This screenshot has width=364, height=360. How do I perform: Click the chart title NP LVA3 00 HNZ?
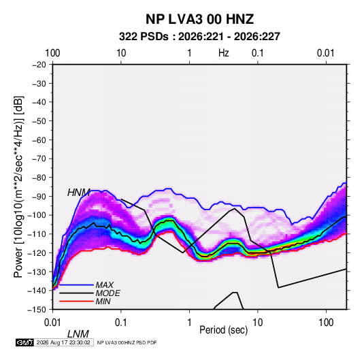pyautogui.click(x=199, y=19)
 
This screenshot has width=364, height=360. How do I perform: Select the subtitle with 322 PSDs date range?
pyautogui.click(x=199, y=37)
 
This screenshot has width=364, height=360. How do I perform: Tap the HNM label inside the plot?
pyautogui.click(x=79, y=193)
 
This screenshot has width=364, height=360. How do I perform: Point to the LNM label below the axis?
pyautogui.click(x=78, y=334)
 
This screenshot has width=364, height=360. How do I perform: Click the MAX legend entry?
pyautogui.click(x=105, y=284)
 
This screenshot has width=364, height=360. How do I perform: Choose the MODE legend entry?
pyautogui.click(x=107, y=293)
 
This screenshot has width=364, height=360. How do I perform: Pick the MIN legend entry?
pyautogui.click(x=103, y=301)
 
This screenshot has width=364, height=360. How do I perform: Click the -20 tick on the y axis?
pyautogui.click(x=39, y=65)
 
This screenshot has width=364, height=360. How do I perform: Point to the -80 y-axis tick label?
pyautogui.click(x=39, y=178)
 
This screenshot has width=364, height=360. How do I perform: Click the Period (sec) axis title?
pyautogui.click(x=224, y=330)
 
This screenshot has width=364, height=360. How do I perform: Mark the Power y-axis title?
pyautogui.click(x=18, y=187)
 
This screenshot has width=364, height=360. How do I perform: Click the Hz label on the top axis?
pyautogui.click(x=224, y=53)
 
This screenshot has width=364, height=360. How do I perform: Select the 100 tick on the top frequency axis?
pyautogui.click(x=52, y=53)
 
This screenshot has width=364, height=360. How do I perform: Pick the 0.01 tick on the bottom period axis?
pyautogui.click(x=52, y=323)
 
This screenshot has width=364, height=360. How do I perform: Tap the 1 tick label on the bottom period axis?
pyautogui.click(x=189, y=323)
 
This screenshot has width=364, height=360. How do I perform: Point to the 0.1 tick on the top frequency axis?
pyautogui.click(x=258, y=53)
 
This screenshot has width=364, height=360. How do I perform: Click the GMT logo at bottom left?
pyautogui.click(x=24, y=342)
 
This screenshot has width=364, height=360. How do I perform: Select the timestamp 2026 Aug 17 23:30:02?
pyautogui.click(x=63, y=342)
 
